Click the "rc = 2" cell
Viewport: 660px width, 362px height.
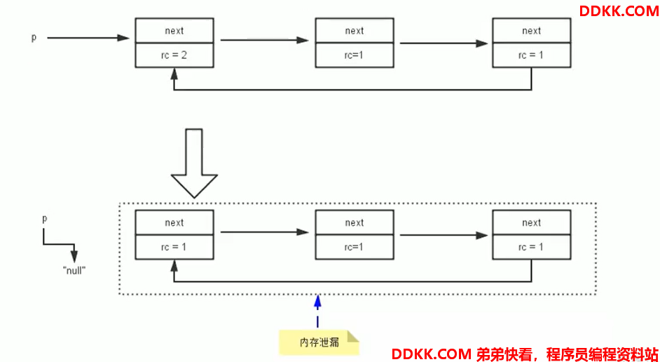pos(174,55)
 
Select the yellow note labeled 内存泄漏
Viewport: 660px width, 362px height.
pos(319,342)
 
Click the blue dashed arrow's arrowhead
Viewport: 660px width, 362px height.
pos(318,300)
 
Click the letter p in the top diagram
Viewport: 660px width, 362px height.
pos(34,38)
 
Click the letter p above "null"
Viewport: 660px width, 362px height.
pos(45,220)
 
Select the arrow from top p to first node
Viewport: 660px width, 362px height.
pos(88,38)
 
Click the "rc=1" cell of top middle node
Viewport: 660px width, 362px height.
pos(355,55)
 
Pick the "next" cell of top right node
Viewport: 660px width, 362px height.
pos(531,30)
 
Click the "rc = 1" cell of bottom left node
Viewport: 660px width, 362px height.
pos(174,247)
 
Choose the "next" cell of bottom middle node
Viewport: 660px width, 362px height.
pos(355,222)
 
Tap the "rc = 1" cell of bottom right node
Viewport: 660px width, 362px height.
pos(531,247)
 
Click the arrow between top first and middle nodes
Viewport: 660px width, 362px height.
pos(265,40)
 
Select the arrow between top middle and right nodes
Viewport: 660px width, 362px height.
pos(444,43)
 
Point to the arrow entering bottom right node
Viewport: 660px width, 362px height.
pos(444,235)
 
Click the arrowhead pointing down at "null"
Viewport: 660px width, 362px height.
pos(74,257)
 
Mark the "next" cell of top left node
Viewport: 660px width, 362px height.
pos(174,30)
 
